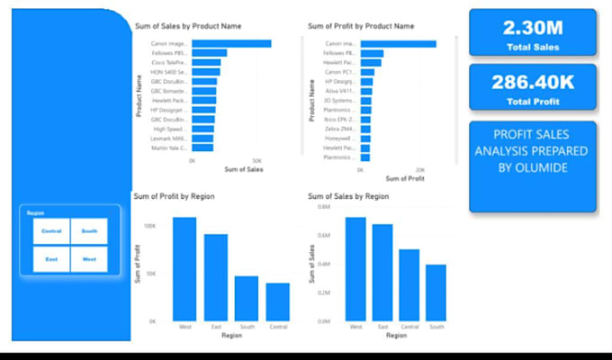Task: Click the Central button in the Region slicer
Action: coord(51,231)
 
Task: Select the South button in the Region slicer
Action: coord(89,231)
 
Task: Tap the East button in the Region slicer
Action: coord(51,259)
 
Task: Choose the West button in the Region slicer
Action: coord(89,259)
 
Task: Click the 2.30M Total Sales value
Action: coord(532,26)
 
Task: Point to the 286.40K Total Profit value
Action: coord(532,82)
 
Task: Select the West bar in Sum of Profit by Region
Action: coord(184,268)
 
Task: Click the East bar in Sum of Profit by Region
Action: coord(215,277)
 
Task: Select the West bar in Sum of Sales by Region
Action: coord(355,269)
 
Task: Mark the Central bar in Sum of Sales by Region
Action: coord(409,285)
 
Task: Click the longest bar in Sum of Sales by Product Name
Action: coord(231,43)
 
